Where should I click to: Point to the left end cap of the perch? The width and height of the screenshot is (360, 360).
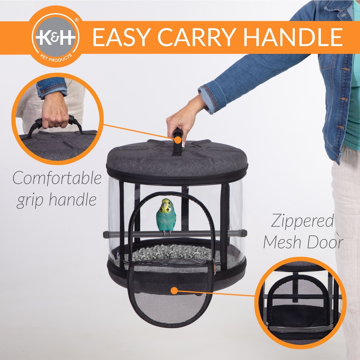pos(106,235)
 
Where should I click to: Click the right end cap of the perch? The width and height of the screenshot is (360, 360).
pos(244,233)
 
